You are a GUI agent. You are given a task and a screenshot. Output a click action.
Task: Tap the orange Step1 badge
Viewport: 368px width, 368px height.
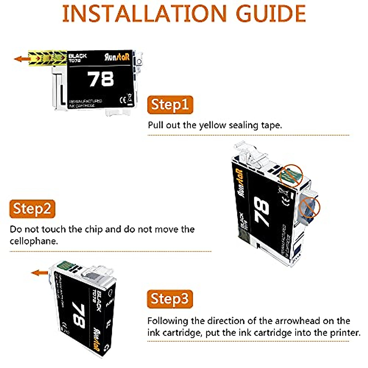(x=170, y=105)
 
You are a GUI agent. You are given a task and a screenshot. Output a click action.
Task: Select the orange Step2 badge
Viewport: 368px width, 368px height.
(x=32, y=209)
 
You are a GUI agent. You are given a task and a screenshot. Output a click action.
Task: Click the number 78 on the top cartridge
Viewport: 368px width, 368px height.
(x=101, y=79)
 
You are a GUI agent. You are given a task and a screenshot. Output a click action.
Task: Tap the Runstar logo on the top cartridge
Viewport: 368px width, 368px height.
(x=117, y=57)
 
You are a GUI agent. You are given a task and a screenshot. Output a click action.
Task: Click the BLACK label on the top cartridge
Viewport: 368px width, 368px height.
(x=78, y=56)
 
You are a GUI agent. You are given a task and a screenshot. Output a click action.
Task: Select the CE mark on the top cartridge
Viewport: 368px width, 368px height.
(x=122, y=100)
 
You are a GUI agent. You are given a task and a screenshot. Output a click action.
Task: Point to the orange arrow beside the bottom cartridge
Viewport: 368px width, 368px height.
(x=39, y=272)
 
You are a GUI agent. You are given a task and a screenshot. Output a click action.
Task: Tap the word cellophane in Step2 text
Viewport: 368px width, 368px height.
(x=34, y=241)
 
